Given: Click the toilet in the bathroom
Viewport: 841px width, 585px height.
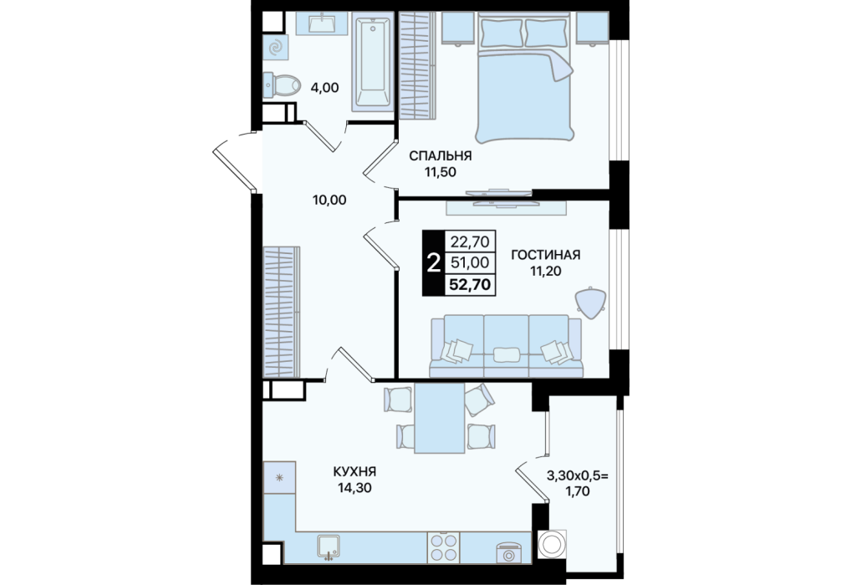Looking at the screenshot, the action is click(x=282, y=85).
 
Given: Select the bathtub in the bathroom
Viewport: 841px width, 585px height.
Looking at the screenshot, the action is click(x=374, y=64).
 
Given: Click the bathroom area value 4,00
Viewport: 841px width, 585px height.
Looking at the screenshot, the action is click(x=324, y=87).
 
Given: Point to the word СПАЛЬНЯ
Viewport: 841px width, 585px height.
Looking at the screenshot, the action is click(x=441, y=156).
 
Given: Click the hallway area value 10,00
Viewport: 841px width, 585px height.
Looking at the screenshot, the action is click(x=329, y=200).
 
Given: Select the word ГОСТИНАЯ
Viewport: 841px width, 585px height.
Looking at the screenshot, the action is click(x=545, y=255).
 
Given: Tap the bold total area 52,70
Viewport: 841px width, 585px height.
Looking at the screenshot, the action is click(x=470, y=284).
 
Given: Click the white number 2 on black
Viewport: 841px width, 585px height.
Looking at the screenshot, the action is click(x=433, y=263).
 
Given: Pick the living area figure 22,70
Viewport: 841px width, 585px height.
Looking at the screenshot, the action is click(x=470, y=242).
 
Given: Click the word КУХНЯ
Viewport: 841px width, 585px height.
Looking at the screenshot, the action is click(x=354, y=472).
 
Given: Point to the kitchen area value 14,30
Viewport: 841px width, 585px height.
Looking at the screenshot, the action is click(x=354, y=488).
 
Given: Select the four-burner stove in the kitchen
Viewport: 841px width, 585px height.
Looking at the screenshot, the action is click(x=444, y=547).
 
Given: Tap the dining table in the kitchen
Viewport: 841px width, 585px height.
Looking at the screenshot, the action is click(x=440, y=418).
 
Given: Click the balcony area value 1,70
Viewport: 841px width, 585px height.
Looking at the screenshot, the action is click(x=577, y=490).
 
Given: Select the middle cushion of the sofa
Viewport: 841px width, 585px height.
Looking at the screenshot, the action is click(x=507, y=345).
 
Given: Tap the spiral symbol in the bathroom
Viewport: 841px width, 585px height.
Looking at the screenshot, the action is click(x=276, y=47).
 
